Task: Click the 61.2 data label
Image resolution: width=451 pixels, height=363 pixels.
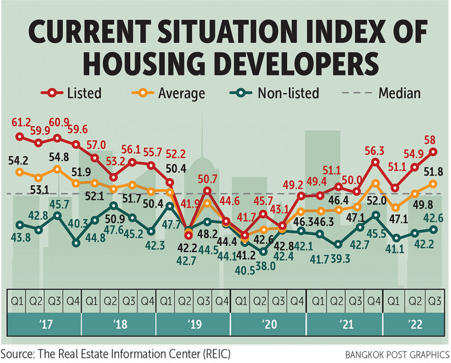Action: click(21, 122)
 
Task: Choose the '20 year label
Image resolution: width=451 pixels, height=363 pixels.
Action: click(268, 325)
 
